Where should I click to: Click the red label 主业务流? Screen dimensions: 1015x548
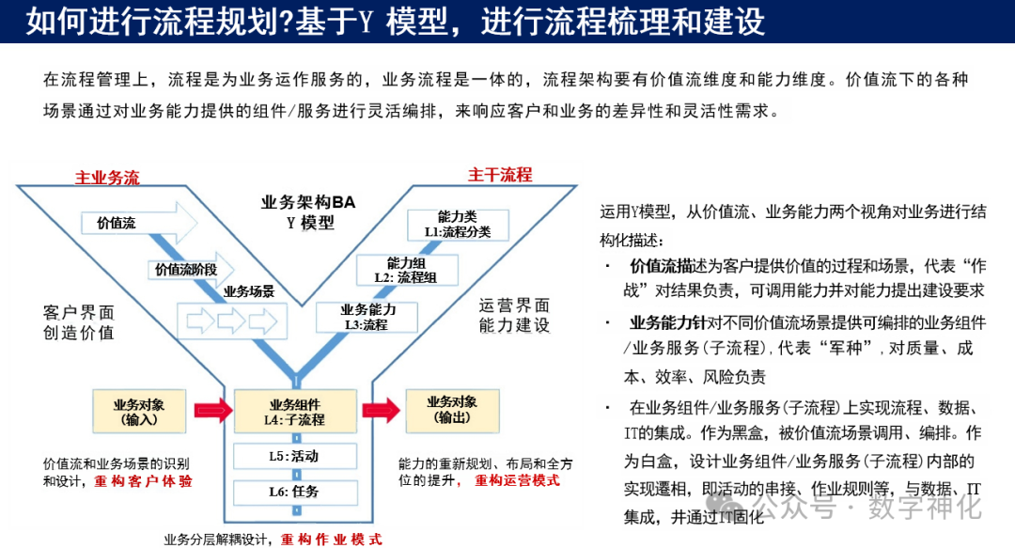[x=107, y=177]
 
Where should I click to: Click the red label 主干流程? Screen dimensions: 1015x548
[x=500, y=175]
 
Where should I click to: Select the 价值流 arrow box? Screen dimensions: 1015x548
[x=141, y=224]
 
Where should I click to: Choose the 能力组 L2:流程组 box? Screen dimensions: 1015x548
[x=405, y=270]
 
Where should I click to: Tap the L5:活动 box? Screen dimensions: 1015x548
[x=296, y=456]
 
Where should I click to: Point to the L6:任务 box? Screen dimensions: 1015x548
[x=296, y=491]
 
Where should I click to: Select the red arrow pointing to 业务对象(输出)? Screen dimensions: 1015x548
[x=380, y=410]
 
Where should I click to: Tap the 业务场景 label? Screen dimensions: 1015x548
[x=249, y=291]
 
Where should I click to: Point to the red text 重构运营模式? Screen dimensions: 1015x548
[x=517, y=480]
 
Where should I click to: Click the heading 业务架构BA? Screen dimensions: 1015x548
[x=309, y=201]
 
